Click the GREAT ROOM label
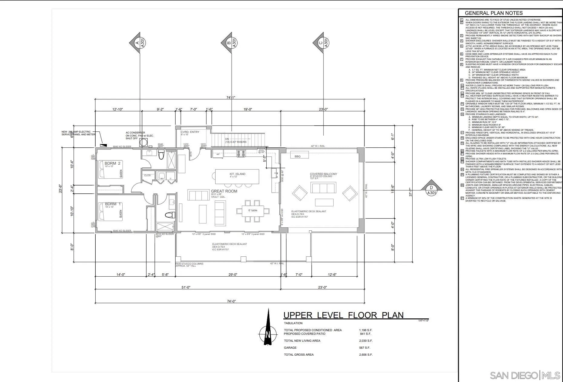click(x=224, y=191)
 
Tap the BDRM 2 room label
click(x=112, y=163)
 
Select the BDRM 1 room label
click(x=113, y=204)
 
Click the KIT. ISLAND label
click(x=237, y=174)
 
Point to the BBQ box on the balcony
click(x=297, y=156)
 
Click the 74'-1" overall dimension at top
click(x=231, y=97)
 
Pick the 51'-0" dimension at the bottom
click(x=186, y=287)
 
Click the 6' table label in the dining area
click(x=253, y=210)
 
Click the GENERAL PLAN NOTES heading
click(x=493, y=13)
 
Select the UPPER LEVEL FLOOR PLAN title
click(x=343, y=315)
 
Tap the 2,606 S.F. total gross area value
click(x=366, y=354)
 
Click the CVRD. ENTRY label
click(x=190, y=132)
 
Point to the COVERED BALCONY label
click(x=323, y=174)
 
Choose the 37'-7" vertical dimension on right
click(x=411, y=192)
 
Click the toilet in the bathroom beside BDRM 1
click(x=170, y=215)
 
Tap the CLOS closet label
click(x=147, y=175)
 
